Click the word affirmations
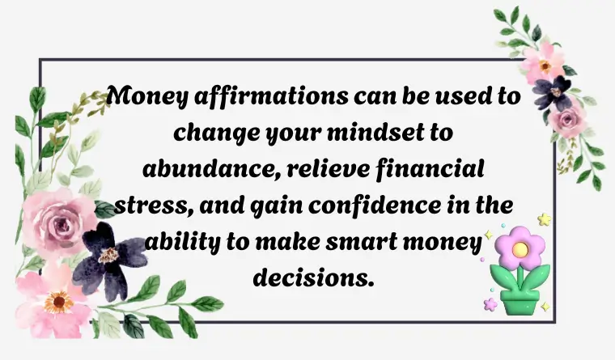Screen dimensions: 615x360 271,96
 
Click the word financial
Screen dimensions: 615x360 430,169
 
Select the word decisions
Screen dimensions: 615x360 312,277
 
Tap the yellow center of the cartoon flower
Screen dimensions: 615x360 520,248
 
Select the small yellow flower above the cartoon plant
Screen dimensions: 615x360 544,219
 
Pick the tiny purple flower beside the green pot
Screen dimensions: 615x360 490,304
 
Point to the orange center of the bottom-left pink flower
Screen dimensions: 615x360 58,302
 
